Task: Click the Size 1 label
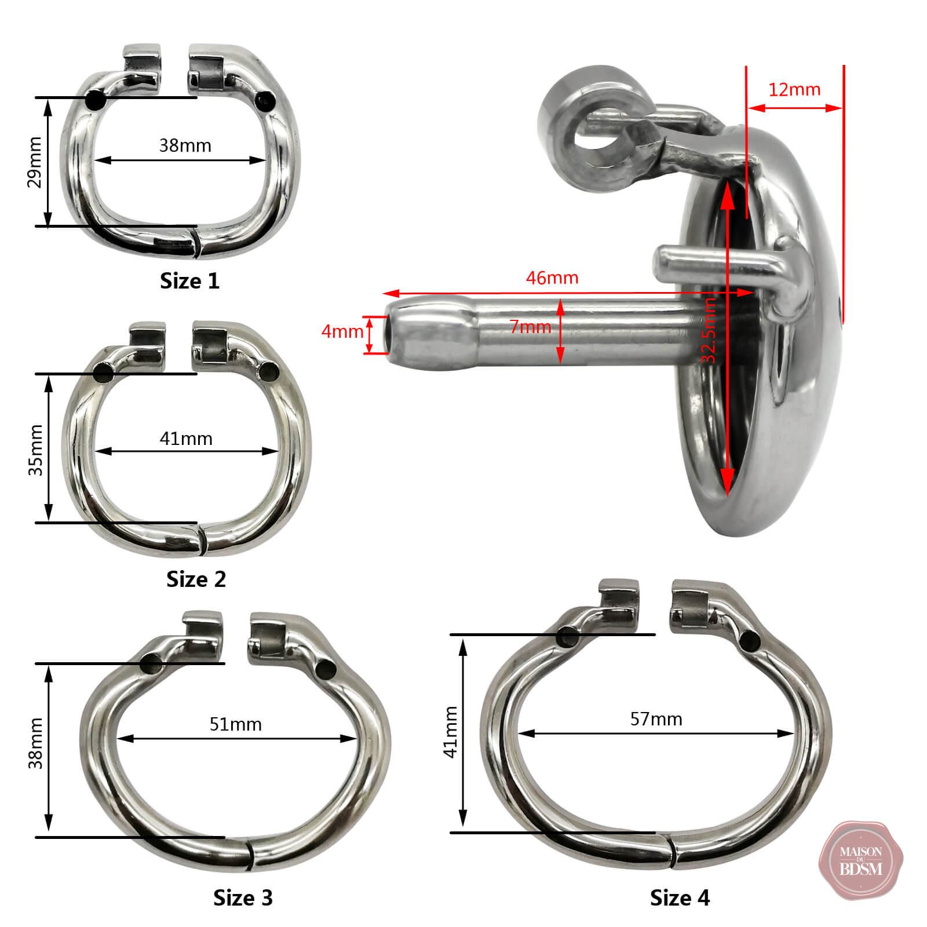(189, 281)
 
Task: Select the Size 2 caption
(196, 579)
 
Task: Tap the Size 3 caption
(243, 897)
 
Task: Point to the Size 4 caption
(680, 897)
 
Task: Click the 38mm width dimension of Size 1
(185, 145)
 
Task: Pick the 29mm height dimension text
(35, 162)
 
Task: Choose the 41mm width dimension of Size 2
(186, 439)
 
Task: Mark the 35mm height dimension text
(35, 450)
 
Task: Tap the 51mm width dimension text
(235, 724)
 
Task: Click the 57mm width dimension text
(656, 719)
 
